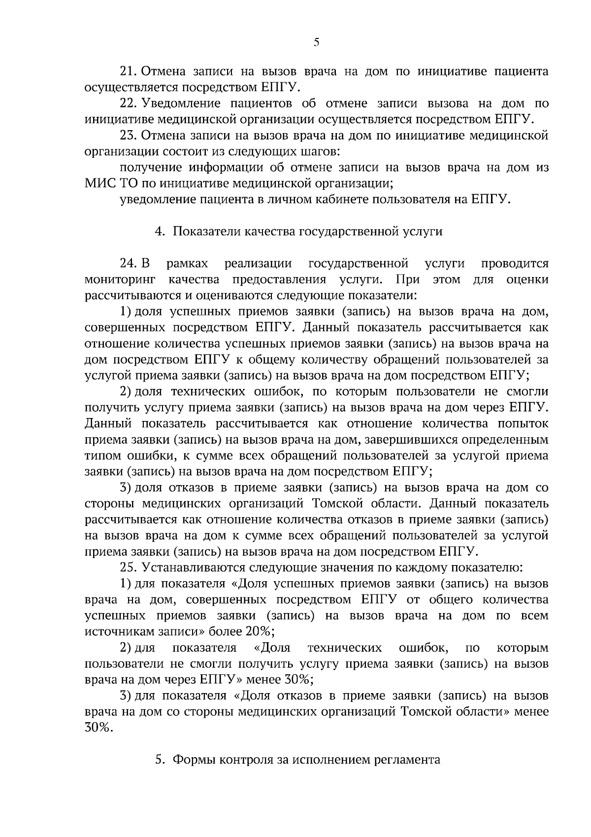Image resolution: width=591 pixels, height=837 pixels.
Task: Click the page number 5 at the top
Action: coord(316,42)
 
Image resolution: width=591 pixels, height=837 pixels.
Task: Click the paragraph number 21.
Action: coord(130,71)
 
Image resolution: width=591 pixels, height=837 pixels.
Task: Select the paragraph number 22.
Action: coord(130,104)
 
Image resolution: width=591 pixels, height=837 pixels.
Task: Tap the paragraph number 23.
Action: coord(130,136)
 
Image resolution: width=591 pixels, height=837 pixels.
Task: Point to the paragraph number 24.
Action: coord(130,264)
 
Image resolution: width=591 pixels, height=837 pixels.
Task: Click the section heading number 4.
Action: coord(159,232)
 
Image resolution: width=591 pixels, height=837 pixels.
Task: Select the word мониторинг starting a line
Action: coord(120,280)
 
